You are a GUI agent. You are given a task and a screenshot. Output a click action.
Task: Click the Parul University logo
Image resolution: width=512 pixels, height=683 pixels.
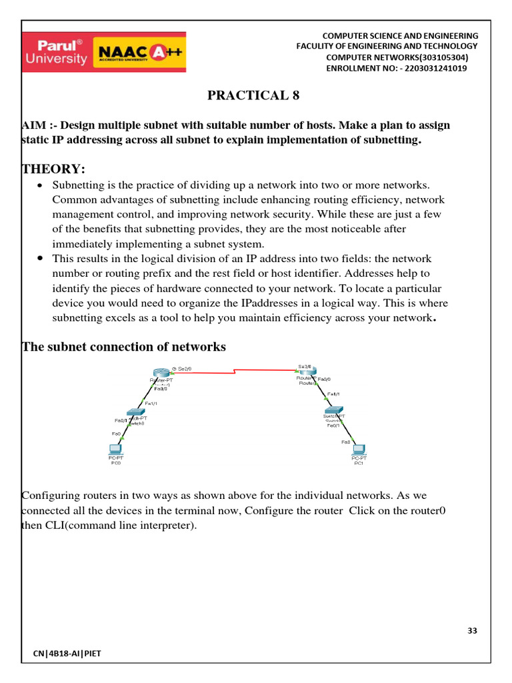coord(56,52)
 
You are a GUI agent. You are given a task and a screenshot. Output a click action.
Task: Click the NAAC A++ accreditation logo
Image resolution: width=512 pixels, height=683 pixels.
coord(141,53)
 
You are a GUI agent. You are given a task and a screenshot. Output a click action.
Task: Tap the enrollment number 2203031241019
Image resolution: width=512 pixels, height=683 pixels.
coord(433,69)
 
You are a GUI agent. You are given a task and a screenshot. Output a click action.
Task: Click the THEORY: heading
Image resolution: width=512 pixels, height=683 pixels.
coord(53,167)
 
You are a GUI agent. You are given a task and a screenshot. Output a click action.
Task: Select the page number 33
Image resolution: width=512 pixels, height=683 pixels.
coord(472,631)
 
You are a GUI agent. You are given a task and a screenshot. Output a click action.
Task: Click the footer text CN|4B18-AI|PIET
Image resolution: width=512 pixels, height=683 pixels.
coord(67,654)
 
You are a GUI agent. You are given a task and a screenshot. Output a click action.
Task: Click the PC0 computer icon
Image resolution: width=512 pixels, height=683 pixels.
coord(115,450)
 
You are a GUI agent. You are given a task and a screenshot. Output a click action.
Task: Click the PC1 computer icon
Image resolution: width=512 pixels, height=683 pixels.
coord(359,450)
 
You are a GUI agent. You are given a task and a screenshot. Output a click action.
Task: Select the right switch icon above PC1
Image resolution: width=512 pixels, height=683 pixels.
coord(333,410)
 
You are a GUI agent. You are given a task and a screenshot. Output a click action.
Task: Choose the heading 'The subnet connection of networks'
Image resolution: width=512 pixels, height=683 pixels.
coord(124,347)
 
